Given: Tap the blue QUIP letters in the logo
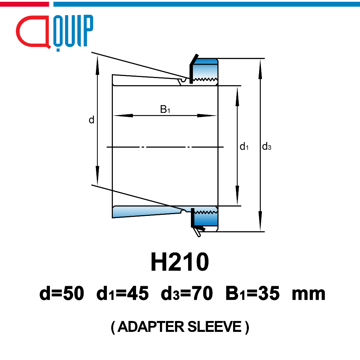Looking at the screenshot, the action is click(73, 32).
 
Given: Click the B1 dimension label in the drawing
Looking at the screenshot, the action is click(165, 109).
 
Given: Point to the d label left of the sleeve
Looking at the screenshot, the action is click(91, 120).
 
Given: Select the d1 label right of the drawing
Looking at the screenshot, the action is click(244, 147).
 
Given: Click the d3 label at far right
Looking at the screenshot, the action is click(266, 146).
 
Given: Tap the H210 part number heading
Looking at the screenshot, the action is click(180, 262).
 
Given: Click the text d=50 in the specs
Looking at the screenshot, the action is click(62, 293).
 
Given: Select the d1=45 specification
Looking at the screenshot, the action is click(123, 293).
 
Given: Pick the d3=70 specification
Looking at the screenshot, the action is click(187, 293).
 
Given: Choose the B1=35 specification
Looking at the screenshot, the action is click(252, 293).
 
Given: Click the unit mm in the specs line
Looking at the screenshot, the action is click(309, 295).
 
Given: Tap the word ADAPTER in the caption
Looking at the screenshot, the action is click(150, 327).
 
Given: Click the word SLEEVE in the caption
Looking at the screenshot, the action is click(214, 327).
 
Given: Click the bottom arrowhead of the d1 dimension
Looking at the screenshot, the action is click(237, 195).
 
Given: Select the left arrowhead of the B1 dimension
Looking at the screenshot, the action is click(123, 115).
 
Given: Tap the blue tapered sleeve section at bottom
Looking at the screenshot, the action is click(147, 211).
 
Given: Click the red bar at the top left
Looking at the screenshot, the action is click(24, 4).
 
